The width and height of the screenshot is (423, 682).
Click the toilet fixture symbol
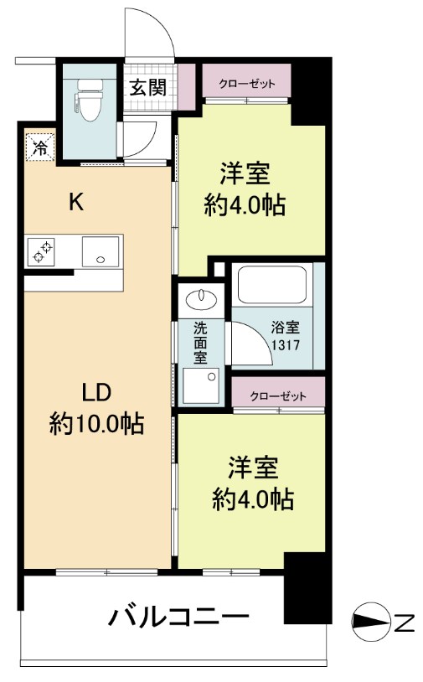pyautogui.click(x=88, y=100)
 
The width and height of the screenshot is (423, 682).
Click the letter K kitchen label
pyautogui.click(x=75, y=202)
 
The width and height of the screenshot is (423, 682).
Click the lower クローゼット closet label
pyautogui.click(x=276, y=395)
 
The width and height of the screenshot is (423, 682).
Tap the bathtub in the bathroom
pyautogui.click(x=272, y=286)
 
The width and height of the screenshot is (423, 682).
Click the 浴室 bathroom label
pyautogui.click(x=283, y=329)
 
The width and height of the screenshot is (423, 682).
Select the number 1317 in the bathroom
pyautogui.click(x=284, y=344)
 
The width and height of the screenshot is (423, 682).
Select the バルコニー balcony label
pyautogui.click(x=178, y=618)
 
